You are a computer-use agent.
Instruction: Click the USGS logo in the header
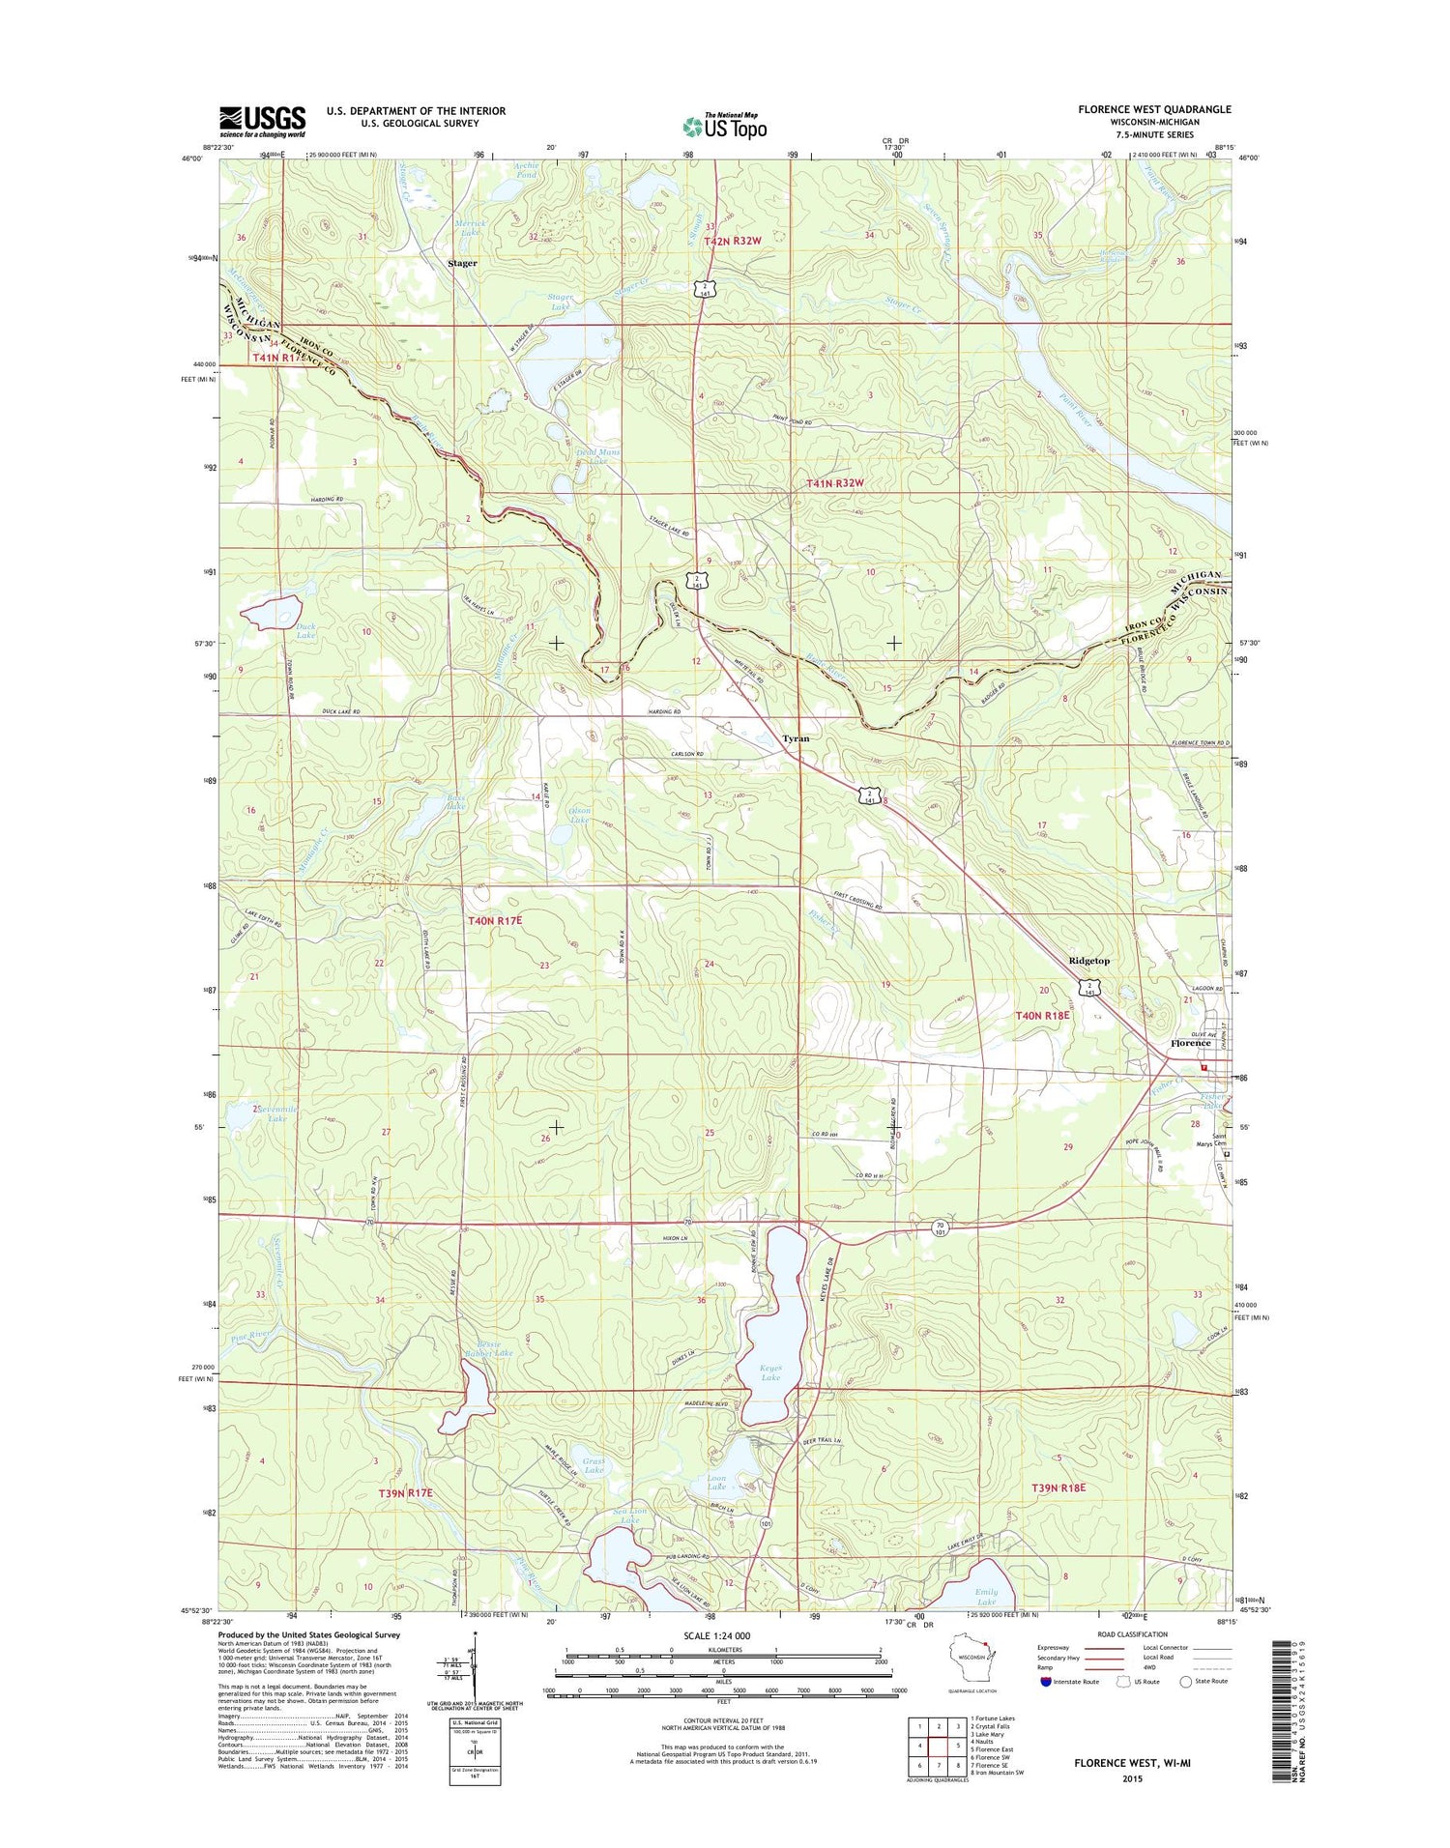(x=262, y=122)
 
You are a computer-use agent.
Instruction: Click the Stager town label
(x=462, y=263)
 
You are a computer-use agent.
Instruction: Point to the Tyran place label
(x=796, y=738)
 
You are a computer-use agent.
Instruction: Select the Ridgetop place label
(x=1089, y=961)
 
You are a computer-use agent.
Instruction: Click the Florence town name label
(x=1190, y=1044)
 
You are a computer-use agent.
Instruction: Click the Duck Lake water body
(x=270, y=612)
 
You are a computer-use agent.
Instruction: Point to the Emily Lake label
(x=986, y=1597)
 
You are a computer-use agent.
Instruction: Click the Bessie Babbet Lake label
(x=488, y=1349)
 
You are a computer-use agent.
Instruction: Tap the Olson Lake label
(x=580, y=816)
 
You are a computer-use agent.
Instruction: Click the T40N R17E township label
(x=495, y=922)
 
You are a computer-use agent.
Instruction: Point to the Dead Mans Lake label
(x=597, y=456)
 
